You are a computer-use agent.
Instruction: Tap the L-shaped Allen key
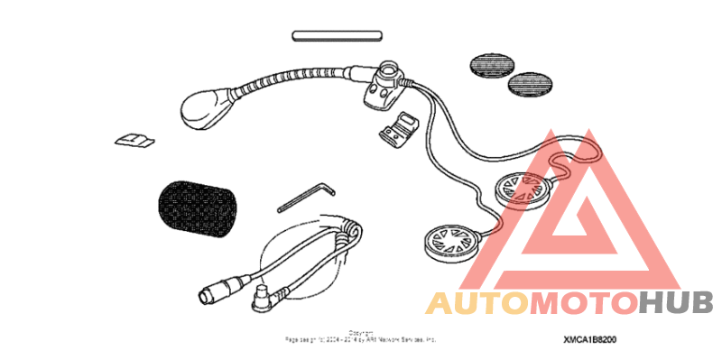[x=306, y=196]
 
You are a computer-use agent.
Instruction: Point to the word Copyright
[x=360, y=332]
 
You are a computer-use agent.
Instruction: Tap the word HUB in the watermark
[x=676, y=303]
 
